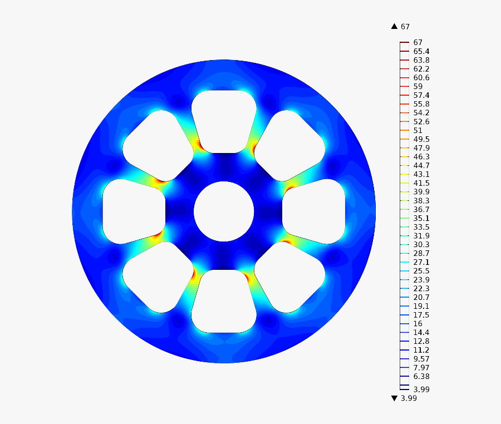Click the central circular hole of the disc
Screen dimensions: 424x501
(224, 211)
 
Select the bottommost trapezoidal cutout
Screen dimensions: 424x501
(224, 301)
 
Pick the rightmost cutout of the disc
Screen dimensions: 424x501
(314, 211)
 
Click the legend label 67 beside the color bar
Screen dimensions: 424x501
(418, 42)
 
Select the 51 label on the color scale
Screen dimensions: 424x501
(417, 130)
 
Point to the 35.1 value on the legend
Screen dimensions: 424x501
(421, 218)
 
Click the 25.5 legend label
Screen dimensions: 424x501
(421, 271)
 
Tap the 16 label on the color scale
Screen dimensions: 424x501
(417, 324)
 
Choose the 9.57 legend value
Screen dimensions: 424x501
(421, 359)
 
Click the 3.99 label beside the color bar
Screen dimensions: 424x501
(421, 389)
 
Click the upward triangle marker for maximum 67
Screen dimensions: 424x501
(394, 26)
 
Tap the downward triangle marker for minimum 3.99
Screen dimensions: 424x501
(394, 398)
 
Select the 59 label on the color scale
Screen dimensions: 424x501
(417, 86)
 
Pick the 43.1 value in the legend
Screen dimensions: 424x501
(421, 174)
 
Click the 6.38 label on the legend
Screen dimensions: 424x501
(421, 376)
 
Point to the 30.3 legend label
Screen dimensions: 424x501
(421, 244)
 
